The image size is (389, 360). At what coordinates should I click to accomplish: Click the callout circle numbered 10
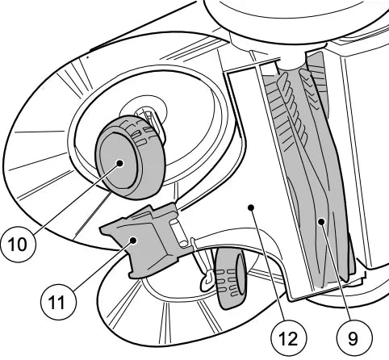(18, 244)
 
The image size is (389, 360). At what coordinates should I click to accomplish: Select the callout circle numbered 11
(58, 302)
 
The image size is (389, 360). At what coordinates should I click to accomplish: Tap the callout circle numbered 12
(289, 337)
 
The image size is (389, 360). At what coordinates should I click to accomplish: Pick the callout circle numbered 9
(354, 337)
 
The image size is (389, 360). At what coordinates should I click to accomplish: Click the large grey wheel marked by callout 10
(130, 157)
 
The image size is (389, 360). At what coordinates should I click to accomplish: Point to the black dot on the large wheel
(119, 163)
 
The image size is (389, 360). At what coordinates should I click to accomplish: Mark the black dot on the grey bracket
(133, 241)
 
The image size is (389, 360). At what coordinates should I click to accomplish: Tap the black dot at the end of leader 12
(251, 207)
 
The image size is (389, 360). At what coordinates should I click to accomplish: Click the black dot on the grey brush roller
(321, 221)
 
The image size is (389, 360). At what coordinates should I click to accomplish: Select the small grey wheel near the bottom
(232, 278)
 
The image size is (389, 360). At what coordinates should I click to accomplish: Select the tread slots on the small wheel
(228, 283)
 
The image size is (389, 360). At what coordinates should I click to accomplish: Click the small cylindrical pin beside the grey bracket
(179, 232)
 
